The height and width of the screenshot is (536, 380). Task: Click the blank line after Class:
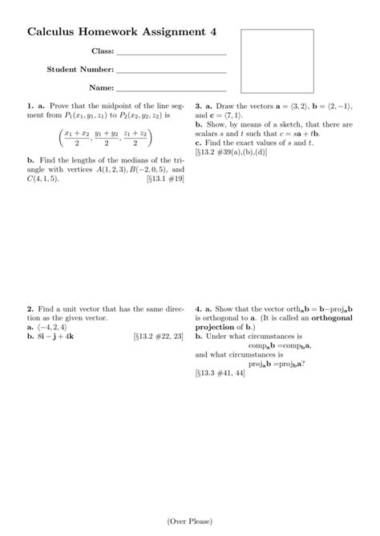172,54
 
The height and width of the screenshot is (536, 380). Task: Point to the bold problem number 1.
30,106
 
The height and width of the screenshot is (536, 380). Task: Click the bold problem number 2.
30,308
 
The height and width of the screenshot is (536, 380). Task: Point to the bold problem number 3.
197,106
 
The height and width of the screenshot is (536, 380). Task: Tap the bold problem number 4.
197,308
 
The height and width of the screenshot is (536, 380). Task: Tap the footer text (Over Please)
190,522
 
